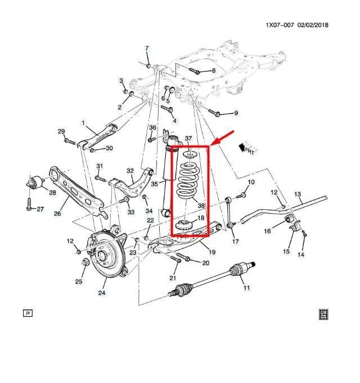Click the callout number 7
click(147, 48)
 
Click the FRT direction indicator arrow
click(246, 148)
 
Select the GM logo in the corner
click(323, 314)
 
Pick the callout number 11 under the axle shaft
click(246, 289)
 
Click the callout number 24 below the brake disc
click(102, 292)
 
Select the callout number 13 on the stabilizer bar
click(298, 194)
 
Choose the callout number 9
click(236, 114)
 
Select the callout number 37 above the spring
click(188, 138)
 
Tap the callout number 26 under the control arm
click(57, 213)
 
